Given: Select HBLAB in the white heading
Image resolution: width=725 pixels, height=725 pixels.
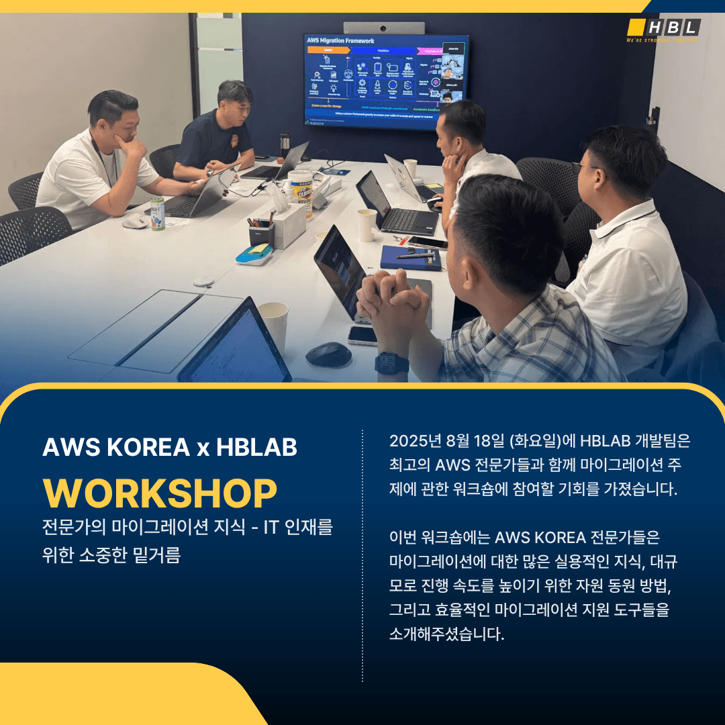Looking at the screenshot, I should (x=256, y=448).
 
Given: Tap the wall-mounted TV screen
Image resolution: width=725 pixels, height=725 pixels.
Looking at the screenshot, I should (x=386, y=81).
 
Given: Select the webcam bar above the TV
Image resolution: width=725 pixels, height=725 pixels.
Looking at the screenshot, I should (x=384, y=28).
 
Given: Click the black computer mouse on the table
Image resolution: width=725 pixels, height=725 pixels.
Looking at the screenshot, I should (x=329, y=354).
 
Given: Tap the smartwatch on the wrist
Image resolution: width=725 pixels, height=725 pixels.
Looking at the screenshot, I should (x=391, y=362).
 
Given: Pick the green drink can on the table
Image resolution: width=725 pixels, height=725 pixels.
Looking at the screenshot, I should (x=157, y=215).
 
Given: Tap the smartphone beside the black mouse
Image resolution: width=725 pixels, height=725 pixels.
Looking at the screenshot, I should (x=362, y=334).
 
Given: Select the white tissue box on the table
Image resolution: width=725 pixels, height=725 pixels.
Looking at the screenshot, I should (x=289, y=225).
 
